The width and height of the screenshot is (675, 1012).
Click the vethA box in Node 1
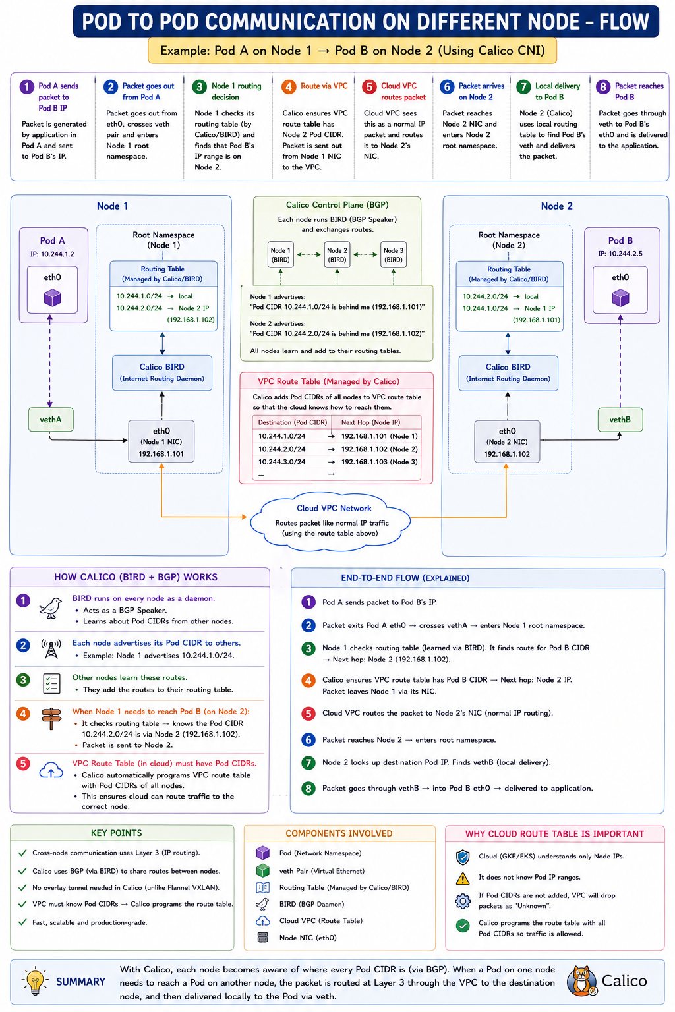click(51, 419)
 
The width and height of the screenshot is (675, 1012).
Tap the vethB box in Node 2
click(620, 419)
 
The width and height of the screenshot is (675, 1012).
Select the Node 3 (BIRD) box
click(393, 255)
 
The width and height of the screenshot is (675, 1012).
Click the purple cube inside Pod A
click(53, 298)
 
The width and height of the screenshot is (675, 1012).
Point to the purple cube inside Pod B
click(620, 298)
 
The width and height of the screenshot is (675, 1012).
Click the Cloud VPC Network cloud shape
click(330, 521)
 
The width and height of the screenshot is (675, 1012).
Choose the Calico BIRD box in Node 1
click(162, 372)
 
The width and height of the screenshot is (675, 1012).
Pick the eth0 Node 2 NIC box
click(507, 441)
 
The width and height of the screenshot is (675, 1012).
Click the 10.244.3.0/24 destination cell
click(281, 462)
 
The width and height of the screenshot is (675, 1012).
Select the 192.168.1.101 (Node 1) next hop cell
click(379, 436)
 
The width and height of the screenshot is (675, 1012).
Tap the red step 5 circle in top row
click(369, 87)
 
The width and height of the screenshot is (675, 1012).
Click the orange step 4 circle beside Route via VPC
click(289, 87)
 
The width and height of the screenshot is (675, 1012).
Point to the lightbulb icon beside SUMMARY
click(35, 981)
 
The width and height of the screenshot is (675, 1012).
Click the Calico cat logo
click(582, 980)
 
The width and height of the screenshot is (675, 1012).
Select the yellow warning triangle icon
click(463, 878)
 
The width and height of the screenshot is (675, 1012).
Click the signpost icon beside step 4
click(51, 718)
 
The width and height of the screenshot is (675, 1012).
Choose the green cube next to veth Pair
click(262, 870)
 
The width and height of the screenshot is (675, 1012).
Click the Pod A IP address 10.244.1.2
click(52, 254)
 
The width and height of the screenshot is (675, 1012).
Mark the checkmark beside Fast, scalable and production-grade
click(22, 922)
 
